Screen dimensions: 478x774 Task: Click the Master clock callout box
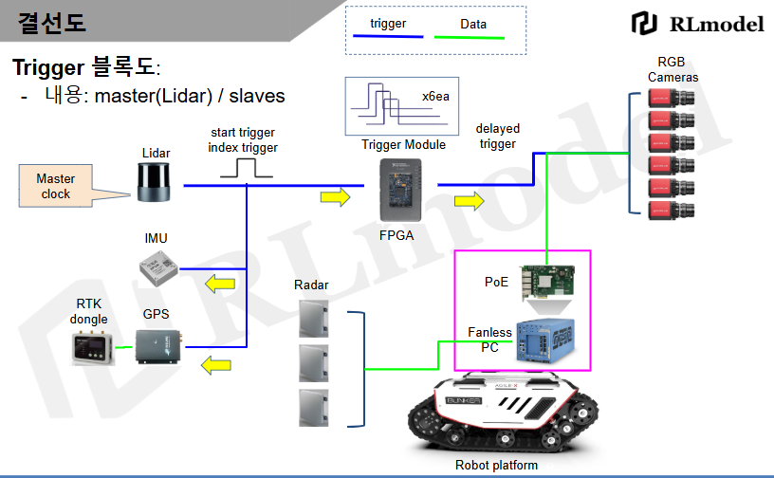click(x=56, y=186)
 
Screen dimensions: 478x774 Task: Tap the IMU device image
click(x=157, y=269)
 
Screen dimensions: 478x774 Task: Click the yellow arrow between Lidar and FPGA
click(x=335, y=196)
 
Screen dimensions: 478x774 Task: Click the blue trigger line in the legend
click(x=387, y=38)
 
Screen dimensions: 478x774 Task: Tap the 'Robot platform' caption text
click(x=496, y=465)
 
